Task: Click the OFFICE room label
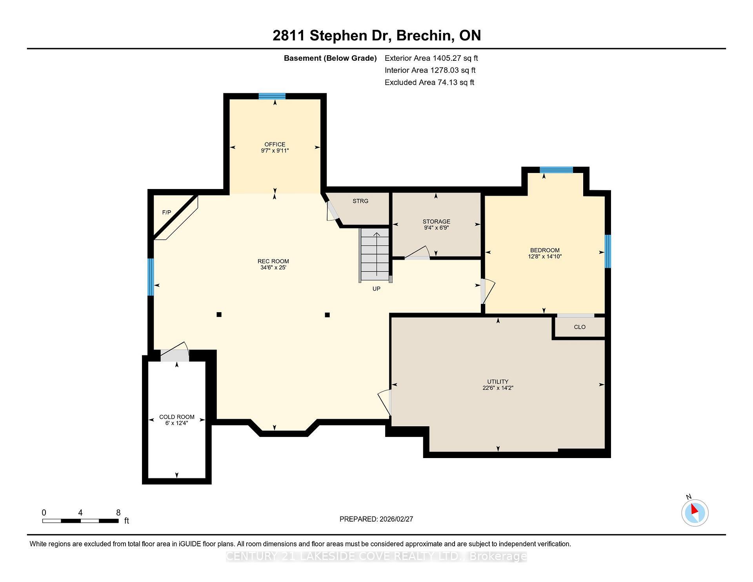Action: pyautogui.click(x=275, y=144)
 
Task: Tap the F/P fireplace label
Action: pyautogui.click(x=167, y=213)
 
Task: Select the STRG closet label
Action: pyautogui.click(x=360, y=201)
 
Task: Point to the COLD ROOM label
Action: pyautogui.click(x=176, y=417)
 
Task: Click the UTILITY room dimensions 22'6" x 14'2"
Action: pyautogui.click(x=498, y=388)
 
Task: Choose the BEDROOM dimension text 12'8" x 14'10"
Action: pyautogui.click(x=545, y=256)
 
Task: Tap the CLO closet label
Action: pyautogui.click(x=579, y=327)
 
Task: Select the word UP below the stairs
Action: pyautogui.click(x=376, y=289)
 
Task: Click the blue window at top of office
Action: pyautogui.click(x=272, y=96)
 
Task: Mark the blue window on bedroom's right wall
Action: pyautogui.click(x=607, y=251)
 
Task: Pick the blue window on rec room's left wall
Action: pyautogui.click(x=151, y=277)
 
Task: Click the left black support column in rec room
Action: pyautogui.click(x=219, y=315)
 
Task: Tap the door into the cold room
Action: pyautogui.click(x=175, y=355)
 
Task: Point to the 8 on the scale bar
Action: pyautogui.click(x=118, y=513)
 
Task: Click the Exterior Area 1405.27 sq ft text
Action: pyautogui.click(x=431, y=58)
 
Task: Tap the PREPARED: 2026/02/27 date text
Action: pyautogui.click(x=376, y=519)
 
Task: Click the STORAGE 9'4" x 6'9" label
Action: pyautogui.click(x=436, y=224)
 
